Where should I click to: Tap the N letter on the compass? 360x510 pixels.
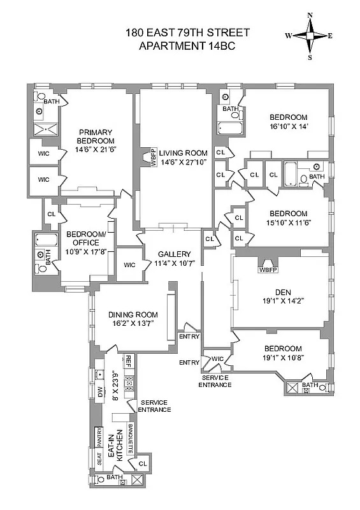[310, 15]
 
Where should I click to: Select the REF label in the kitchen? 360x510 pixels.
[127, 360]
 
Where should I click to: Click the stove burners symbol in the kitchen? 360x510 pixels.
[128, 382]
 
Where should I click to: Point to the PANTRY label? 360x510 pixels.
[99, 437]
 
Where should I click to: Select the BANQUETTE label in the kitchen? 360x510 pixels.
[129, 439]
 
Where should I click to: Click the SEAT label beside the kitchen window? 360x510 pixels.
[99, 458]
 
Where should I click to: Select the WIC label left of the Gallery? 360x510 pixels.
[129, 265]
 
